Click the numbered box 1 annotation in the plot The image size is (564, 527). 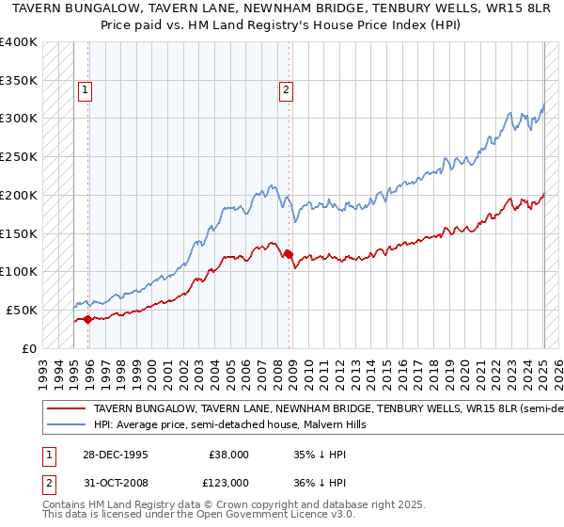[85, 90]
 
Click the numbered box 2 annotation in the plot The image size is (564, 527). [286, 90]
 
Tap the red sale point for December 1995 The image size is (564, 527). [88, 319]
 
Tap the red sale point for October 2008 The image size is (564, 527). [290, 253]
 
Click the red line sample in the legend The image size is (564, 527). [67, 409]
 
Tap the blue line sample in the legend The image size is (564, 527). [67, 425]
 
